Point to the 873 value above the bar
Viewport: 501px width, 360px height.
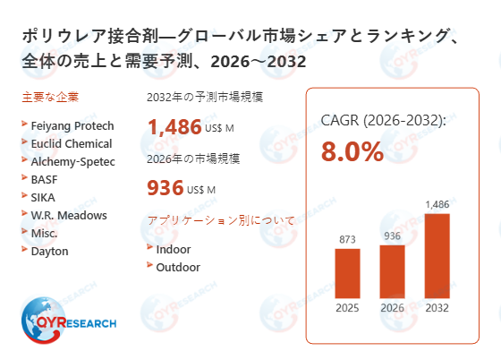coord(347,239)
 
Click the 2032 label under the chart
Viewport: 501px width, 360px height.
coord(437,308)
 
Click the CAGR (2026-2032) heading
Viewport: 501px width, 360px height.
coord(383,120)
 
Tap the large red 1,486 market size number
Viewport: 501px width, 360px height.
coord(174,126)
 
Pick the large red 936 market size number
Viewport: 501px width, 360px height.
coord(165,188)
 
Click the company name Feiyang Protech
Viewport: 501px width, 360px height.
coord(71,125)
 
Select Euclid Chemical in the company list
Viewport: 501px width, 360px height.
coord(71,143)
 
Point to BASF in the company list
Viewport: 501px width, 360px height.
coord(46,179)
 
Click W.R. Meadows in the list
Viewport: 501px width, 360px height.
coord(68,215)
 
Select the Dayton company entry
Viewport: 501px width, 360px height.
coord(49,251)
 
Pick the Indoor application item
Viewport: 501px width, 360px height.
coord(173,249)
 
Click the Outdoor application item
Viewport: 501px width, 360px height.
coord(178,267)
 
